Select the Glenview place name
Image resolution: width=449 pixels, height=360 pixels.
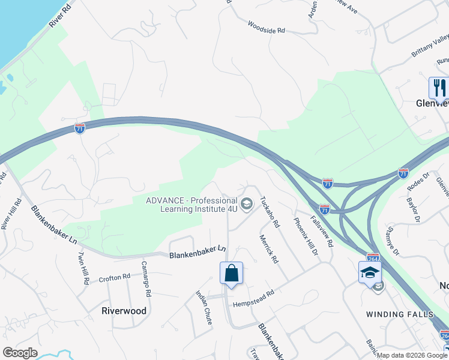(x=432, y=103)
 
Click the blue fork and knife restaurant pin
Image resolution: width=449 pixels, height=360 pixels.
(x=439, y=88)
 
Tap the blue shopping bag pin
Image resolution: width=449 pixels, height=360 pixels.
(x=231, y=274)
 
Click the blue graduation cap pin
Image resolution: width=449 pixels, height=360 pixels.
(x=370, y=273)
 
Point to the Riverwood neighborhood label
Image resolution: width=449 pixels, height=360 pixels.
(x=124, y=311)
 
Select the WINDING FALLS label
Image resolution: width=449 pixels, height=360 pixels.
(x=400, y=314)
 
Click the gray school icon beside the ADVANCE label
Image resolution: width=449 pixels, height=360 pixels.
(x=246, y=205)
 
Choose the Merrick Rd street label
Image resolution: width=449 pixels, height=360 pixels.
(x=268, y=249)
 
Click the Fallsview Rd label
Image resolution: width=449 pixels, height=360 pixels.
(x=321, y=232)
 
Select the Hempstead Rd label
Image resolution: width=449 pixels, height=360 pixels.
(x=253, y=294)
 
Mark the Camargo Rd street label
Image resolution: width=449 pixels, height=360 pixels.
(x=145, y=279)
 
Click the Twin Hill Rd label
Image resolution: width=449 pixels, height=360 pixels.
(x=82, y=268)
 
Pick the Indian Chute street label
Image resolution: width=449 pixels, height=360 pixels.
(x=203, y=307)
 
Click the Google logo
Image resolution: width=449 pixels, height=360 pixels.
(x=20, y=353)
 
